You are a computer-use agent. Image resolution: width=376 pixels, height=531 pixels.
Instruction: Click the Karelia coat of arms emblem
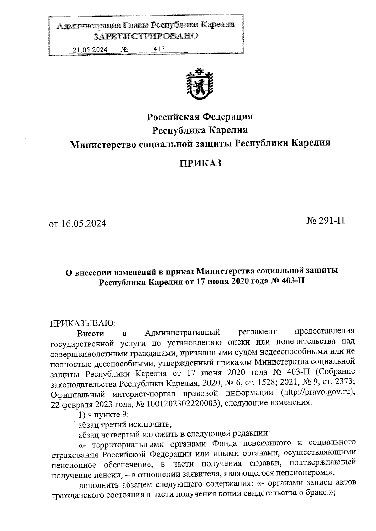200,84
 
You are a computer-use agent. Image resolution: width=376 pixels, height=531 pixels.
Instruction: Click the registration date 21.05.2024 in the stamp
90,50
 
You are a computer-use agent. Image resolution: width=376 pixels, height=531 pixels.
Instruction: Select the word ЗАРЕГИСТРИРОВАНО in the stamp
146,36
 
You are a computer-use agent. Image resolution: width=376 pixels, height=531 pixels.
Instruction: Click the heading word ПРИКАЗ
201,163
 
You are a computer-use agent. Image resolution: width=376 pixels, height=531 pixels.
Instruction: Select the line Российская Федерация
200,117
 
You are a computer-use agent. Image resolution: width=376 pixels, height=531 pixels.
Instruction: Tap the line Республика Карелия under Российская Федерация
200,130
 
